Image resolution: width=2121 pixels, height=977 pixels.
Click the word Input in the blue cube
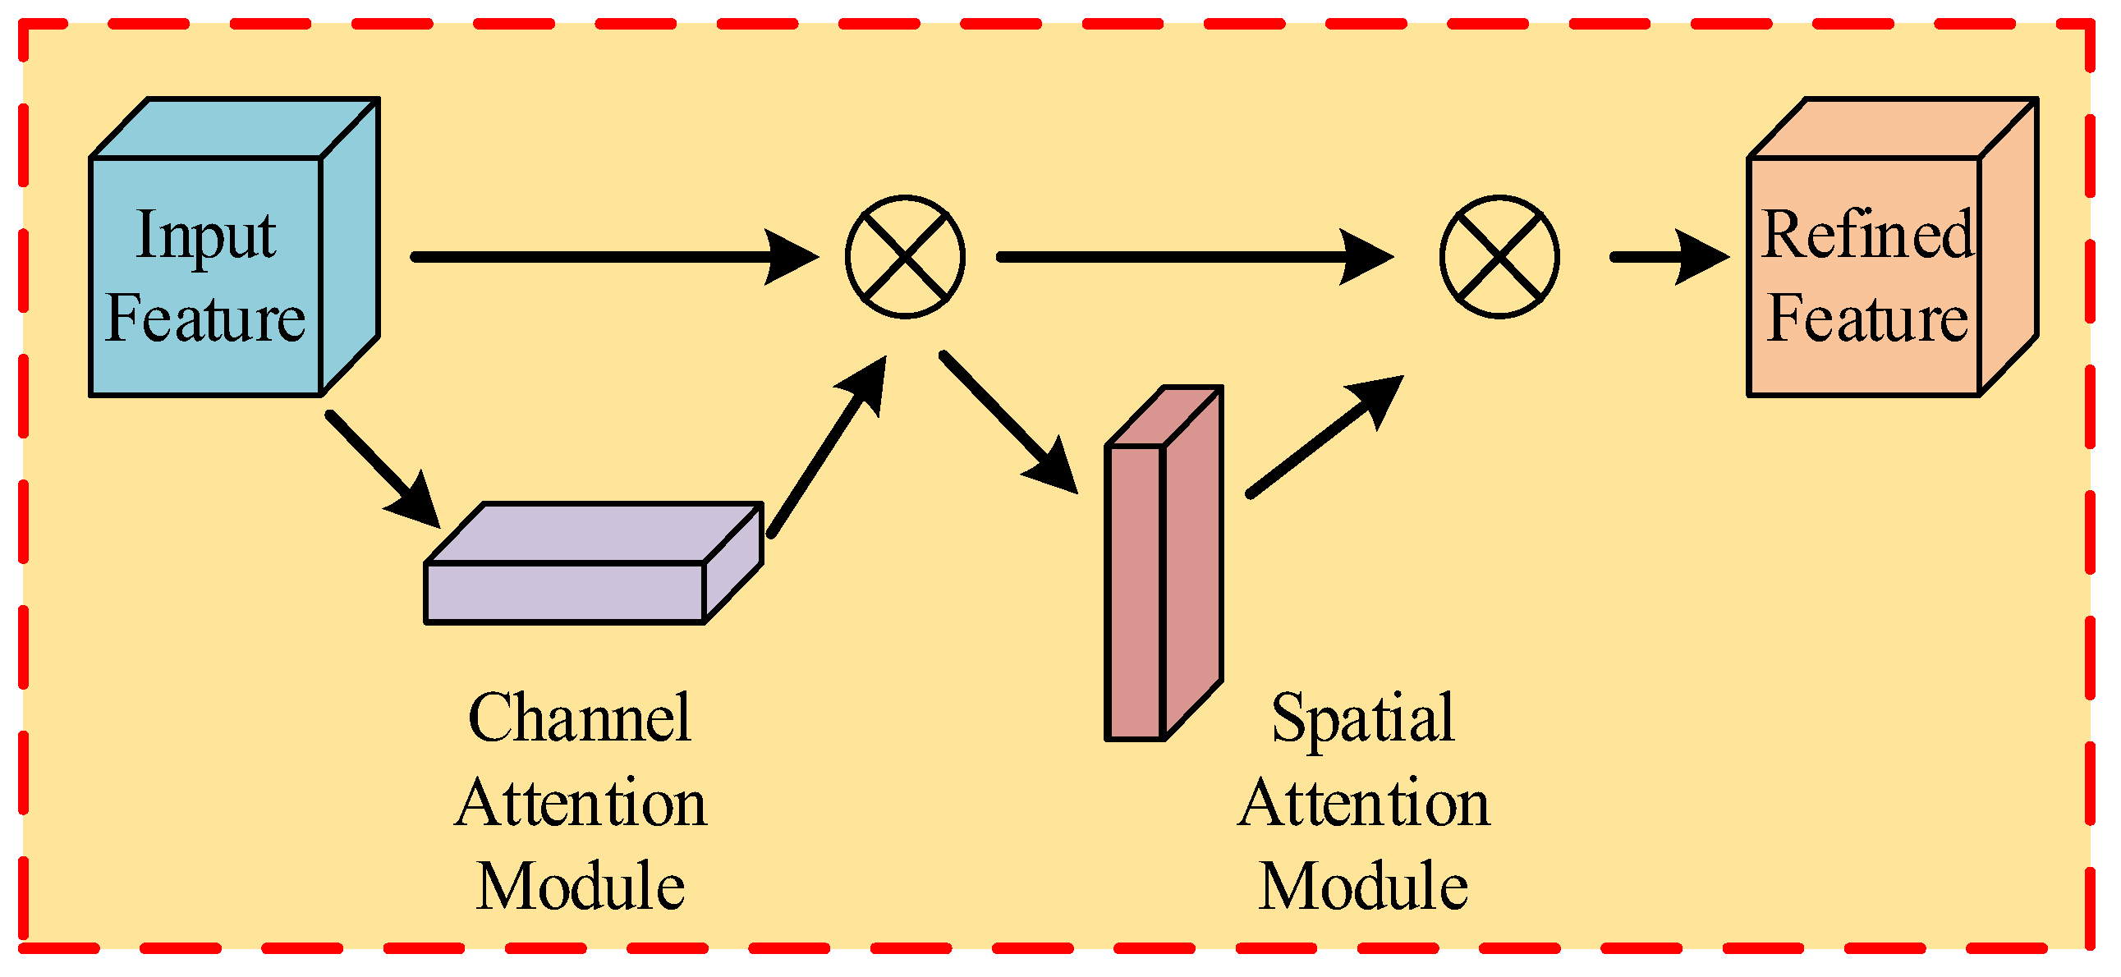pos(205,236)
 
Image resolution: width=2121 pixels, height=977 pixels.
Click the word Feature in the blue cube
pos(205,320)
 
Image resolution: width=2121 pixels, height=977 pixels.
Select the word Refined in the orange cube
pos(1867,236)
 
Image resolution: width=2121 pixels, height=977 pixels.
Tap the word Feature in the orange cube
pos(1867,320)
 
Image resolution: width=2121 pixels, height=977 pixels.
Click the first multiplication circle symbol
pos(905,257)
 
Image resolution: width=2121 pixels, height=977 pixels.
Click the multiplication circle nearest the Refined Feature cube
pos(1499,257)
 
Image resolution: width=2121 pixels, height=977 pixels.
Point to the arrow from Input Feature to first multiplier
pos(609,257)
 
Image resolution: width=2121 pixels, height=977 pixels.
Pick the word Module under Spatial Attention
pos(1362,888)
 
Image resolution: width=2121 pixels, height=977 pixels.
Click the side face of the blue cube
pos(350,247)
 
